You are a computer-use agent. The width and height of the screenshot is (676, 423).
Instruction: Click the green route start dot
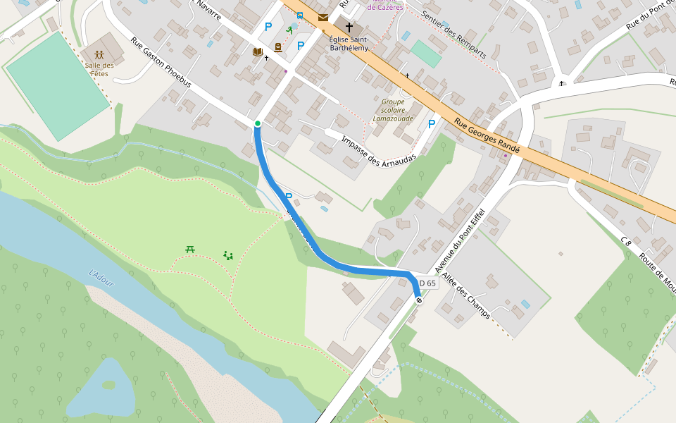[x=258, y=124]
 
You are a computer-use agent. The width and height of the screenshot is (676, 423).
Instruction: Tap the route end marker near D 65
[x=420, y=301]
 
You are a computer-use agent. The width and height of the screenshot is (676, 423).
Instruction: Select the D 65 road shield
[x=427, y=283]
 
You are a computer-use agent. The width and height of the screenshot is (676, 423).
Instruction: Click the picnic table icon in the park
[x=190, y=248]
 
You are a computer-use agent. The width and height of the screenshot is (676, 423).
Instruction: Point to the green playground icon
[x=228, y=255]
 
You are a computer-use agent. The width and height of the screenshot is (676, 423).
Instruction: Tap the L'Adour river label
[x=101, y=278]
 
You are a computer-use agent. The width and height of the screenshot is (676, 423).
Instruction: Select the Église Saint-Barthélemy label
[x=349, y=44]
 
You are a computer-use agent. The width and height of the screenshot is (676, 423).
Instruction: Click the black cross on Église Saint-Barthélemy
[x=349, y=27]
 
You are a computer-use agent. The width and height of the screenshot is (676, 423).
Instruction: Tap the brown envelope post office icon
[x=323, y=17]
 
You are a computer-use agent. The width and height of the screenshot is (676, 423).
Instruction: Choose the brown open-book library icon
[x=258, y=52]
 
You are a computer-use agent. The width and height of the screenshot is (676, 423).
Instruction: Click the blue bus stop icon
[x=301, y=15]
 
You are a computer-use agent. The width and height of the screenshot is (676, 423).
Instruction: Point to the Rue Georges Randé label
[x=487, y=135]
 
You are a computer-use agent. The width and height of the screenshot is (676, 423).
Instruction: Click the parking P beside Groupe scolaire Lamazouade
[x=432, y=124]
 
